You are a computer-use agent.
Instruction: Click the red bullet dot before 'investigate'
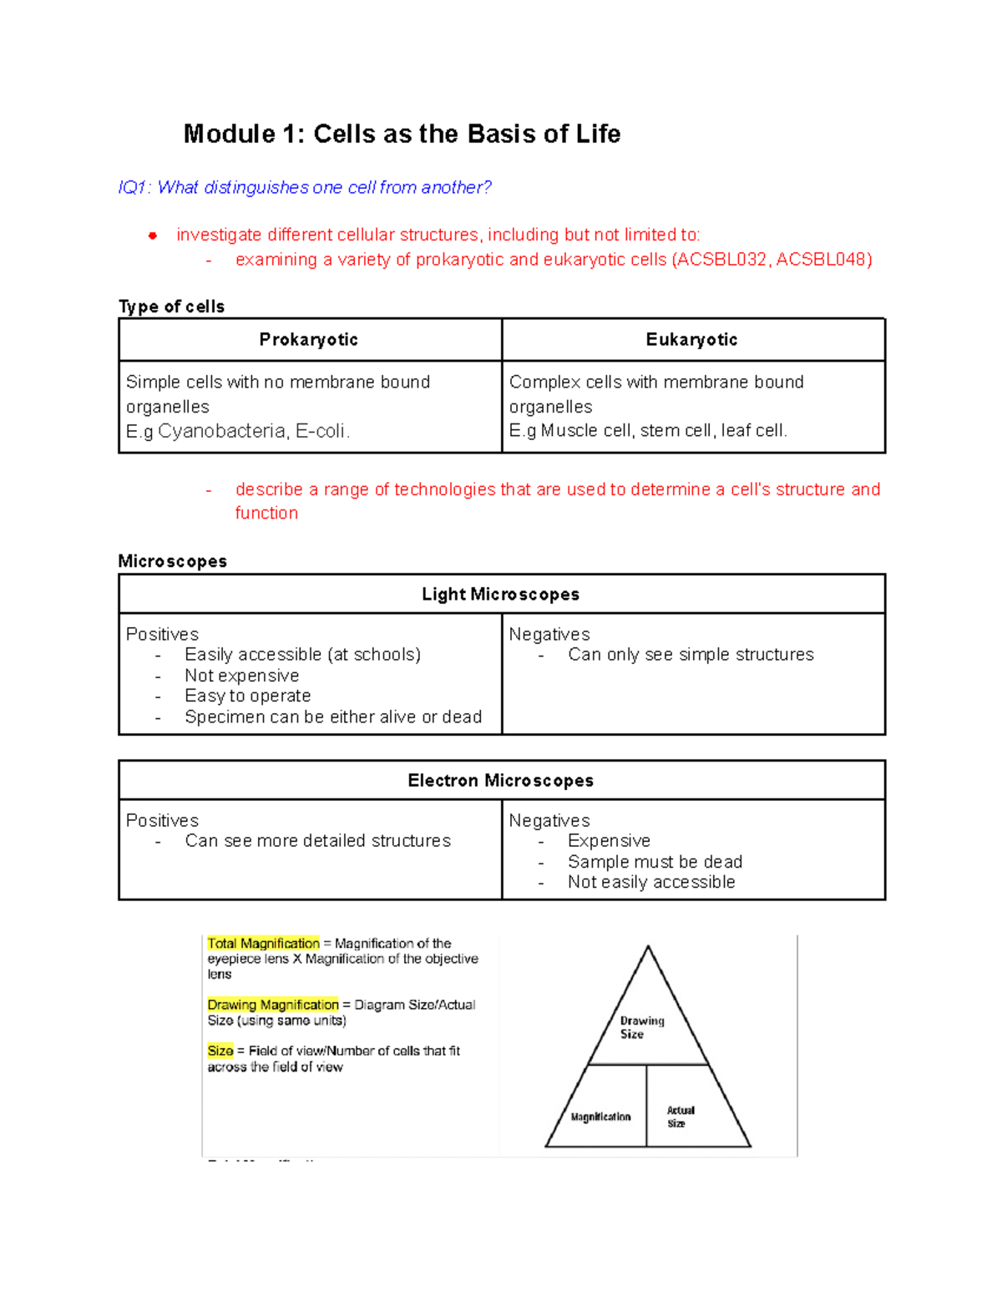coord(153,236)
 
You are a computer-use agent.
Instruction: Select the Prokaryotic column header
coord(308,340)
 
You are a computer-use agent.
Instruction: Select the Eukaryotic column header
coord(691,340)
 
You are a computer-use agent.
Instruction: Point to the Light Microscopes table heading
coord(500,595)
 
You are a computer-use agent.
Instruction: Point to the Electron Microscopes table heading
coord(500,781)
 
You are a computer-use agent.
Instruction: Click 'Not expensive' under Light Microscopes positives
coord(241,676)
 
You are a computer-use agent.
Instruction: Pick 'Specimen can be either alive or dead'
coord(333,717)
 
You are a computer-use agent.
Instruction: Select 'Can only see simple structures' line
coord(691,655)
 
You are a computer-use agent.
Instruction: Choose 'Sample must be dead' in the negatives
coord(655,862)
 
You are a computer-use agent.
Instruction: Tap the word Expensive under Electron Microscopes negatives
coord(609,841)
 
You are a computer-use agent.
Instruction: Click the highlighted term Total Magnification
coord(263,944)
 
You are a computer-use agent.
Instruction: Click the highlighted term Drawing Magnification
coord(273,1005)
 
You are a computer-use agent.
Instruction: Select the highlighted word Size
coord(220,1051)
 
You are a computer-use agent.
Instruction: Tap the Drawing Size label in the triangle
coord(641,1027)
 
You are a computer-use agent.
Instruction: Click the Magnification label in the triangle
coord(600,1117)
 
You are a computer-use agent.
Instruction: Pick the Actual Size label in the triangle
coord(680,1117)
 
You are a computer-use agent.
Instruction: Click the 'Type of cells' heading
coord(171,307)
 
